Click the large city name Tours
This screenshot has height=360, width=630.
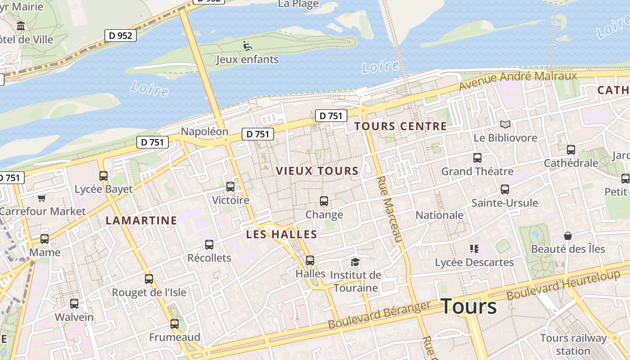pyautogui.click(x=468, y=306)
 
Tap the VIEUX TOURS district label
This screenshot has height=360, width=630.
pyautogui.click(x=317, y=171)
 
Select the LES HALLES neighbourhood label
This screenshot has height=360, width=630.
pyautogui.click(x=282, y=234)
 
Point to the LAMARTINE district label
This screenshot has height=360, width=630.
pyautogui.click(x=141, y=220)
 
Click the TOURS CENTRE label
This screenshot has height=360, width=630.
pyautogui.click(x=400, y=126)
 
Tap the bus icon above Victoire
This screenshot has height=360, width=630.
pyautogui.click(x=230, y=186)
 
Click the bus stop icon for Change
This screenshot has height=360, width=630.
pyautogui.click(x=324, y=201)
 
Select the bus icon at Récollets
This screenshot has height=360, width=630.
pyautogui.click(x=209, y=245)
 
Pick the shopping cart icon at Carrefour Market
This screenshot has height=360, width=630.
pyautogui.click(x=42, y=198)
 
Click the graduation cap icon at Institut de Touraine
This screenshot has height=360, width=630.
pyautogui.click(x=355, y=262)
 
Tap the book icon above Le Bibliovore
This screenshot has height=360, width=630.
pyautogui.click(x=505, y=124)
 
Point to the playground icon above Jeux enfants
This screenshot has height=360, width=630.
pyautogui.click(x=247, y=45)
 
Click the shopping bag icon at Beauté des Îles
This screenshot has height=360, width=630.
pyautogui.click(x=568, y=236)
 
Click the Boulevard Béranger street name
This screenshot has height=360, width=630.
pyautogui.click(x=379, y=315)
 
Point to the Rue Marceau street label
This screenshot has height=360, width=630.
pyautogui.click(x=388, y=209)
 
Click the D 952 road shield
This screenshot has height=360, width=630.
pyautogui.click(x=120, y=35)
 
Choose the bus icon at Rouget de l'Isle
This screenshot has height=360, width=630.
pyautogui.click(x=149, y=279)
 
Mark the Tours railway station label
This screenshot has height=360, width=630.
pyautogui.click(x=573, y=344)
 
